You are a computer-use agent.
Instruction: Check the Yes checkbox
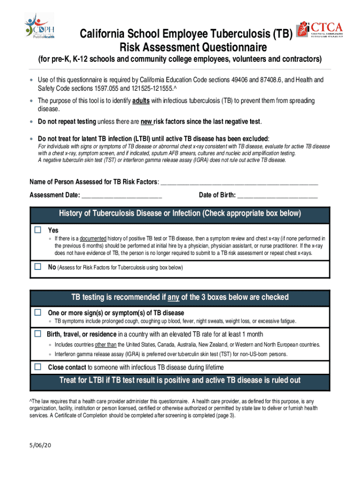click(38, 230)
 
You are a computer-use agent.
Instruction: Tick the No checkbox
click(38, 267)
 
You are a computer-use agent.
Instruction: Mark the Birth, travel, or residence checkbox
click(38, 334)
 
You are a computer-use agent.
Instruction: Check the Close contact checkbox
click(38, 367)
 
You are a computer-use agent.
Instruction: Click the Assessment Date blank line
click(122, 195)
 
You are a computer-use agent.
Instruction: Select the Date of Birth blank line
click(278, 195)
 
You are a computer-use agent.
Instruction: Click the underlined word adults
click(141, 101)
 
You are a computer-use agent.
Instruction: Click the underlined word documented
click(94, 238)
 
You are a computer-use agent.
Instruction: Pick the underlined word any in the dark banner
click(173, 298)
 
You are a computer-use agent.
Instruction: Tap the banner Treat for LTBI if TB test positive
click(180, 380)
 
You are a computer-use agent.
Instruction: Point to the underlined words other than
click(106, 345)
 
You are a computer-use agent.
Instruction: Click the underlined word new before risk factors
click(147, 122)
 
